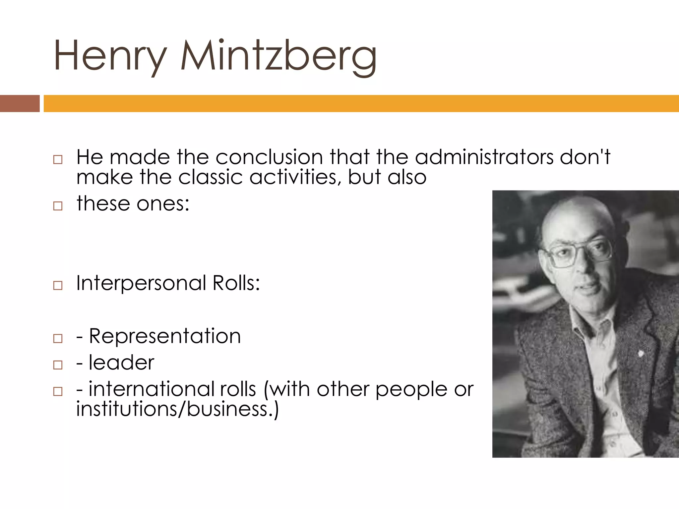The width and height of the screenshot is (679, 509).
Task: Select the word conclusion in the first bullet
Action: click(269, 157)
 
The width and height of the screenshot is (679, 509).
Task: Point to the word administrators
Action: click(484, 157)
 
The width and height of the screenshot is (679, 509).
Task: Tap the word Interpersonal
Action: click(141, 283)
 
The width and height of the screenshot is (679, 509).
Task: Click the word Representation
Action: click(165, 336)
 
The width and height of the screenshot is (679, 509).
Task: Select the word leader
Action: click(121, 363)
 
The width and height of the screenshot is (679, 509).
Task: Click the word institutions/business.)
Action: click(178, 409)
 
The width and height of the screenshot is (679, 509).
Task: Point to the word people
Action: click(411, 389)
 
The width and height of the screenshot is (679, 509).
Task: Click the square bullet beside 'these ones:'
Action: click(58, 206)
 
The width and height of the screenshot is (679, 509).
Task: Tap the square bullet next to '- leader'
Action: click(58, 365)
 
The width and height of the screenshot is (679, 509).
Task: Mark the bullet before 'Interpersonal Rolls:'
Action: click(58, 285)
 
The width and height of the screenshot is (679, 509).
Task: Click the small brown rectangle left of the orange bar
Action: click(20, 103)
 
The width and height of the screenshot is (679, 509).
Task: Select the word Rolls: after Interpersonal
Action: click(236, 283)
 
